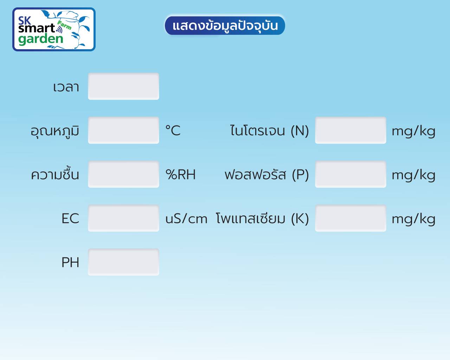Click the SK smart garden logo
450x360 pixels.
tap(54, 29)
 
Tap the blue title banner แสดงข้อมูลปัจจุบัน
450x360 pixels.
tap(225, 26)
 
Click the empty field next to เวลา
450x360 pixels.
tap(123, 86)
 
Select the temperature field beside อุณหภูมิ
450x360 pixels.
tap(123, 130)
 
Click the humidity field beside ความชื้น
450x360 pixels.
tap(123, 174)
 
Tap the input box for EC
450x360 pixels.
tap(123, 218)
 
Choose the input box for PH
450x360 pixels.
tap(123, 262)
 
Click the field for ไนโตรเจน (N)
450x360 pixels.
tap(351, 130)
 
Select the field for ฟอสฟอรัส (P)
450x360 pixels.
tap(351, 174)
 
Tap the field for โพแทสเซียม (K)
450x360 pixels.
tap(351, 218)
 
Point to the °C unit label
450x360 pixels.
tap(173, 130)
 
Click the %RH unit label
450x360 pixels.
tap(180, 174)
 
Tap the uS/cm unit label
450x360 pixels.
tap(186, 219)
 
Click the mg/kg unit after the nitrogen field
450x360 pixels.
tap(413, 132)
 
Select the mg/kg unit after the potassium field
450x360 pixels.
tap(413, 220)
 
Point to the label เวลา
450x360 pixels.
tap(66, 87)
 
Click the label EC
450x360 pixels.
tap(70, 218)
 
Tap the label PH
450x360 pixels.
tap(70, 262)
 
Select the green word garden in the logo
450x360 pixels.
tap(41, 39)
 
